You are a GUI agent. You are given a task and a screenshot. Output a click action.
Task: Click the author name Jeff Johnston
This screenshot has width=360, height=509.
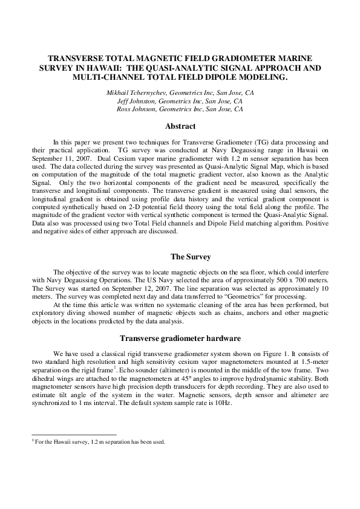tap(138, 101)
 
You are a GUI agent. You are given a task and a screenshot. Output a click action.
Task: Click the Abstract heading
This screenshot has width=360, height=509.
tap(180, 126)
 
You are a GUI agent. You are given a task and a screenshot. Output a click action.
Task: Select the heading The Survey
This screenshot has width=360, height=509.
tap(180, 256)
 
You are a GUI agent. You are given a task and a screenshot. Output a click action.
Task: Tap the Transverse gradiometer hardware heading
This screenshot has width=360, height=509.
tap(180, 338)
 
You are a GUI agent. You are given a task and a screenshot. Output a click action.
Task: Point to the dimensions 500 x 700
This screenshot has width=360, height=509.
tap(286, 280)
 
